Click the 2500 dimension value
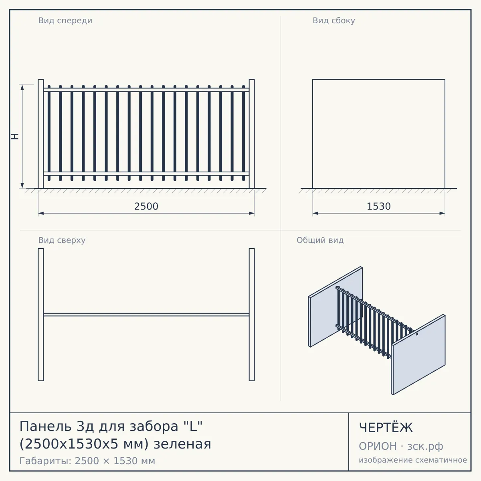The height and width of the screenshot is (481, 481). click(x=146, y=206)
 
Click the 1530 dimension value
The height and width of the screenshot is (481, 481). click(x=379, y=206)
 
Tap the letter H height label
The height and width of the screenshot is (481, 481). click(x=15, y=136)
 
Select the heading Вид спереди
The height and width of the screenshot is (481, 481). click(x=65, y=21)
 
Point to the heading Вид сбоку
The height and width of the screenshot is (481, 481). click(x=334, y=21)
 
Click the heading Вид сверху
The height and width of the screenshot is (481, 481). click(x=62, y=240)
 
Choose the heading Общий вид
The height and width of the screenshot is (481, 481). click(x=320, y=240)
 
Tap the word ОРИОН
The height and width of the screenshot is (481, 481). click(x=378, y=446)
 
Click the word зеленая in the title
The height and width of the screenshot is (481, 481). click(x=182, y=444)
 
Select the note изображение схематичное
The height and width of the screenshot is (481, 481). click(x=413, y=460)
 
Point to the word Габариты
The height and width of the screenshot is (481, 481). click(x=46, y=461)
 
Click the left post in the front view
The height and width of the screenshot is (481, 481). click(x=41, y=134)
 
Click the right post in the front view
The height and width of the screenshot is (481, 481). click(x=252, y=134)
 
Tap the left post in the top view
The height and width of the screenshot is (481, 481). click(x=41, y=315)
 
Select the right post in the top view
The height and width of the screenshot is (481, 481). click(x=252, y=315)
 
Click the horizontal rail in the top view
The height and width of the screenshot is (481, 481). click(x=146, y=315)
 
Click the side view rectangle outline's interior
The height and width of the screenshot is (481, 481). click(x=379, y=134)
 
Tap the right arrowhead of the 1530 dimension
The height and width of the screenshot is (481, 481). click(x=442, y=213)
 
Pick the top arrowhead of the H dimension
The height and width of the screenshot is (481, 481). click(x=22, y=87)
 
